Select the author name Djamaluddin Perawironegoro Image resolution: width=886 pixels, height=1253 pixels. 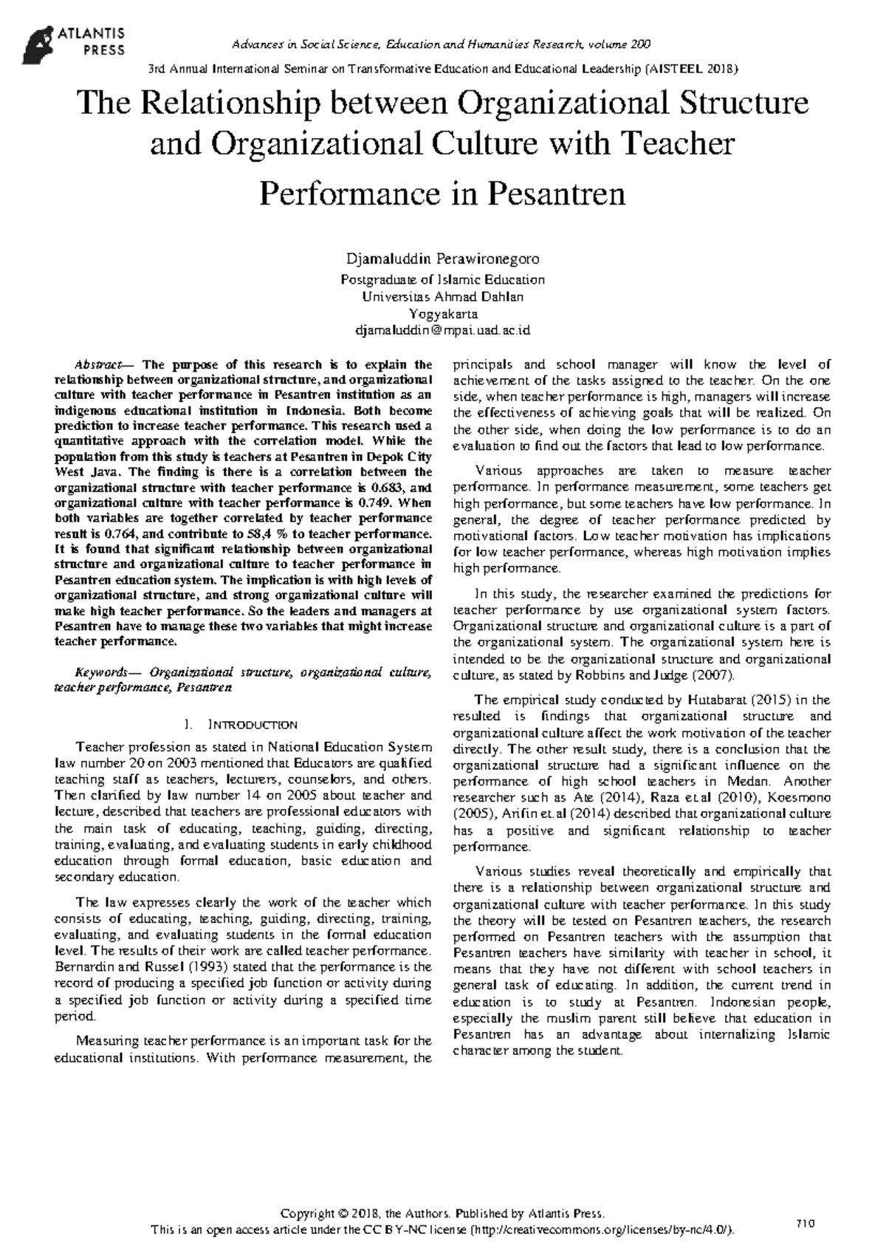(442, 259)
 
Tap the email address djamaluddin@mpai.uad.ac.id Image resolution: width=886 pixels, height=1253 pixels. (442, 330)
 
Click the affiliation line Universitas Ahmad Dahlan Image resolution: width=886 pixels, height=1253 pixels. (442, 297)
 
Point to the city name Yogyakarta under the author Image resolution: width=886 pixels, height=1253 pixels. (442, 314)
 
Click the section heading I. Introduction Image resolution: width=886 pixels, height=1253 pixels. (243, 725)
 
